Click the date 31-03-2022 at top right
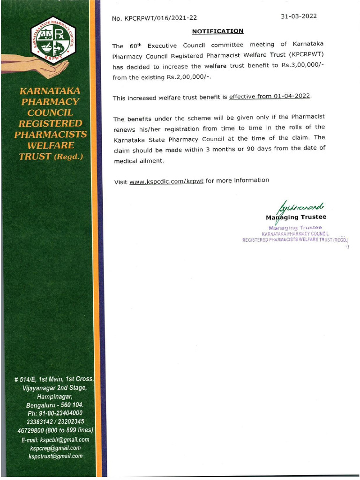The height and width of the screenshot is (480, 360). tap(299, 16)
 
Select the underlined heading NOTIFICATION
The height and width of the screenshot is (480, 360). tap(218, 31)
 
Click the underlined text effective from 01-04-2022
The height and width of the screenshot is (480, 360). tap(270, 97)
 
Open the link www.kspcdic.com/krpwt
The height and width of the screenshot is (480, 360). tap(166, 181)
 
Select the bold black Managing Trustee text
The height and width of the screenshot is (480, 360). tap(296, 217)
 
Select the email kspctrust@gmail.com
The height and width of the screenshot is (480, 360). tap(55, 456)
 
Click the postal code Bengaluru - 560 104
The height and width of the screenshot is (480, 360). tap(55, 405)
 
